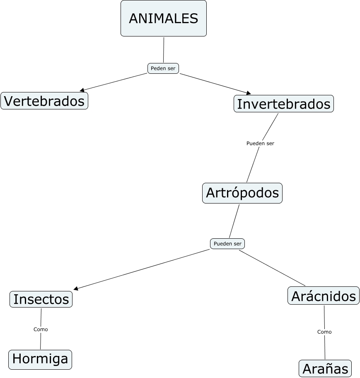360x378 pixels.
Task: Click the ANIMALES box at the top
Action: [163, 18]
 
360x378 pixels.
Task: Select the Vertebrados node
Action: [44, 101]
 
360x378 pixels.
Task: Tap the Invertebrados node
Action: [284, 104]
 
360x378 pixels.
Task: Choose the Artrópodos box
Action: [242, 193]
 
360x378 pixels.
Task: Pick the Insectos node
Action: [41, 299]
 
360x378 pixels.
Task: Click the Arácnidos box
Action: [324, 296]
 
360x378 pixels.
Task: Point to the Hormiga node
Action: [40, 359]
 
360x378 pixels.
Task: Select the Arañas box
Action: [325, 368]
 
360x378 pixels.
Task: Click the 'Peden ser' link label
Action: [163, 68]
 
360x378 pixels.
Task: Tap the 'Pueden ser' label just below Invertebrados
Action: [260, 143]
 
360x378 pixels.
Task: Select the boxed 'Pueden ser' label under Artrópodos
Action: [227, 244]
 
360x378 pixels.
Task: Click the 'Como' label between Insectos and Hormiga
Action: [41, 330]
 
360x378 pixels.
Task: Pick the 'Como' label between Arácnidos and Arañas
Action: [324, 332]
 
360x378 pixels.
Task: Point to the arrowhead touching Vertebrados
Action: [82, 90]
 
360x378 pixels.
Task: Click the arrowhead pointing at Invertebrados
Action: [249, 93]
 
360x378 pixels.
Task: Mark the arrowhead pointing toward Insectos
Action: [76, 288]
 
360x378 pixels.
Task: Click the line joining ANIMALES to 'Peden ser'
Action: [164, 50]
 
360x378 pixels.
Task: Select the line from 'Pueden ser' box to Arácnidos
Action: [271, 268]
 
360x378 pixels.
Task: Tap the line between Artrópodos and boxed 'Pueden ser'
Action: [234, 221]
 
